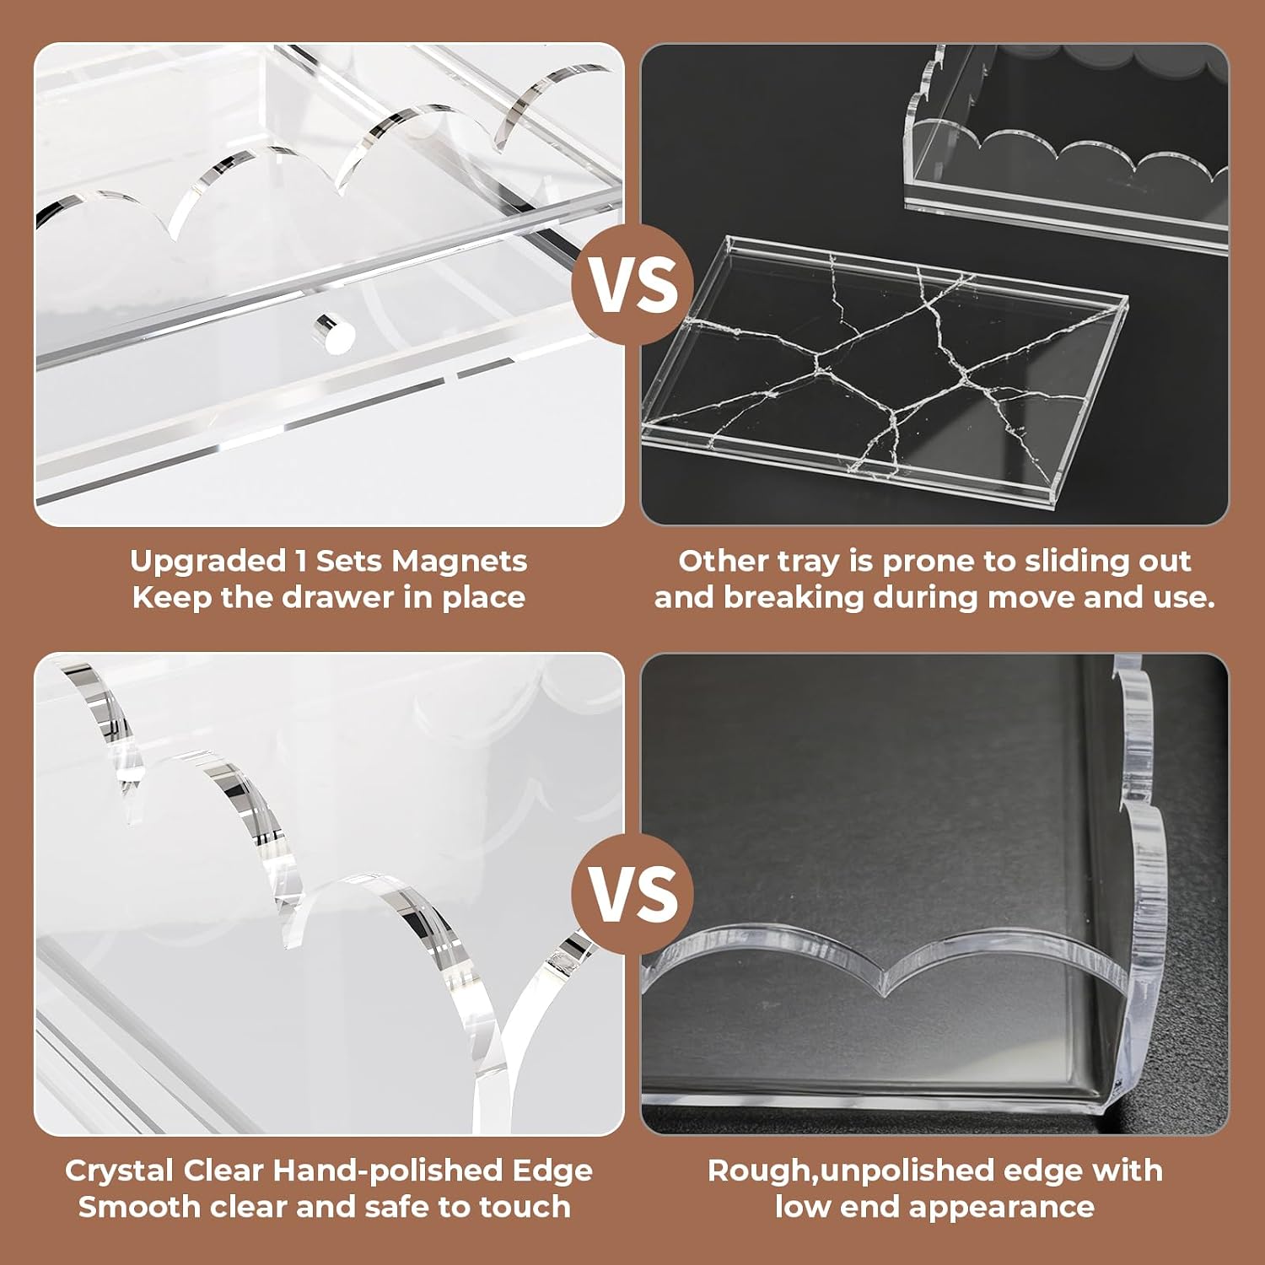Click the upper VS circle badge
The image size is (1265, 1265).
[x=633, y=285]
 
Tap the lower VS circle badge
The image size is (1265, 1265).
[x=633, y=894]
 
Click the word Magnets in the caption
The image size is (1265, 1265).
[x=460, y=562]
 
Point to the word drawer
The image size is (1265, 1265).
[x=349, y=597]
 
